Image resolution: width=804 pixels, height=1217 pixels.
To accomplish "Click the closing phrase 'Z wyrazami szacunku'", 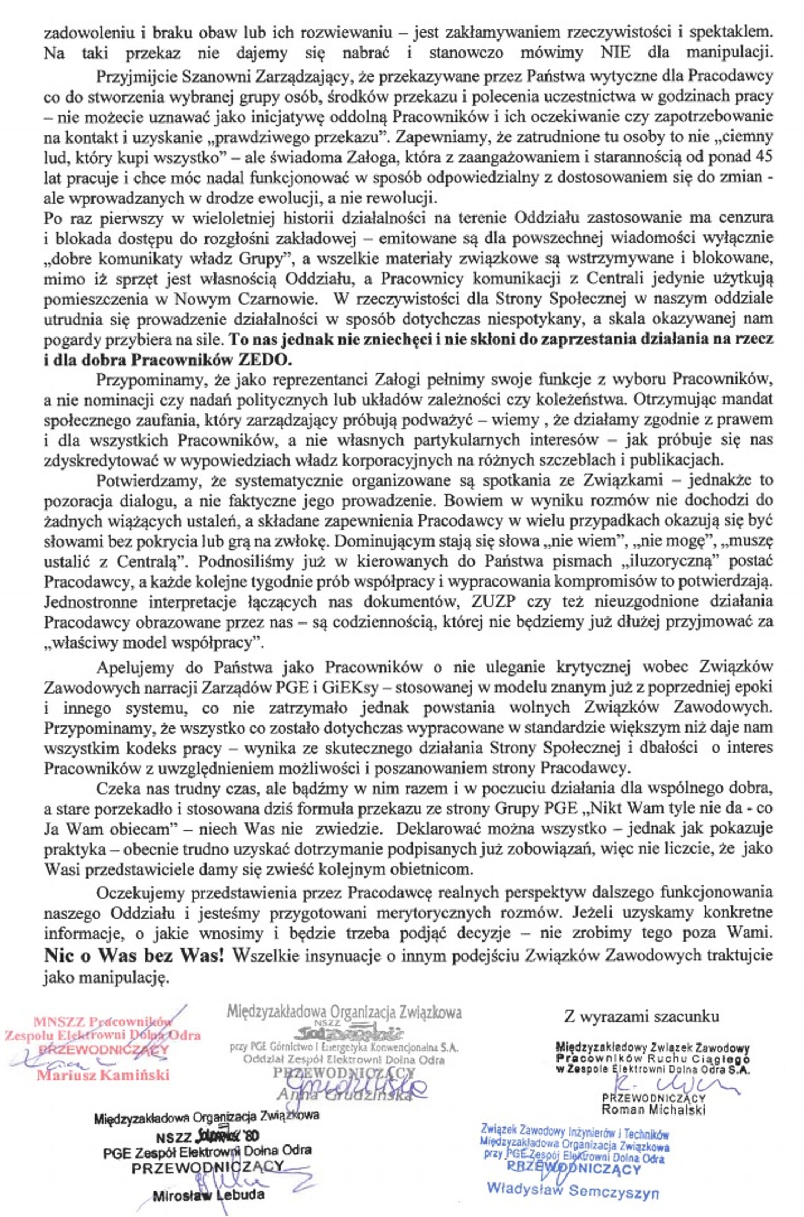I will pyautogui.click(x=641, y=1017).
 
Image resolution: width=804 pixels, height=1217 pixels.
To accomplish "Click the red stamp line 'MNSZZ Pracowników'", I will pyautogui.click(x=102, y=1022).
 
